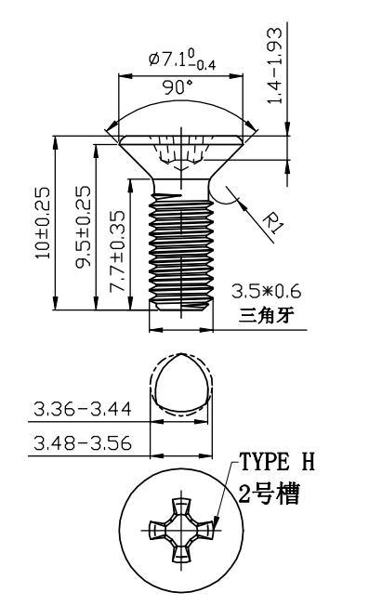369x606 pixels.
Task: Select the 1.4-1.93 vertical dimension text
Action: (275, 65)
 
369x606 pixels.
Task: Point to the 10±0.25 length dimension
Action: (43, 223)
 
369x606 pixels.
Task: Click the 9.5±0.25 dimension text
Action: (83, 227)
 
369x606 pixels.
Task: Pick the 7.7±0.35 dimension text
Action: (117, 251)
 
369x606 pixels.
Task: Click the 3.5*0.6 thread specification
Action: (266, 291)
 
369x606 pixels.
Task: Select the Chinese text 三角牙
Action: (266, 315)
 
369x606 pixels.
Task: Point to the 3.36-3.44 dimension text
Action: (83, 409)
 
